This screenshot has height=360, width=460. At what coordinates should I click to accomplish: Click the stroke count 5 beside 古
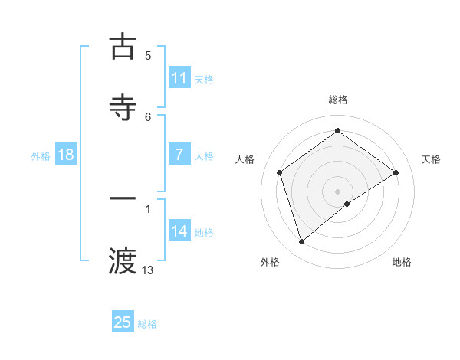(148, 55)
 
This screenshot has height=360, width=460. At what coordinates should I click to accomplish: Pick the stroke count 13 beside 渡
(148, 270)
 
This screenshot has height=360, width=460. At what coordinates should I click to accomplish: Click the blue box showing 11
(179, 78)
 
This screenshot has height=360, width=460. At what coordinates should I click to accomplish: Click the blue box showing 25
(123, 322)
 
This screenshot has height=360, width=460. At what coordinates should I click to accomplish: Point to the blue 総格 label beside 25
(148, 324)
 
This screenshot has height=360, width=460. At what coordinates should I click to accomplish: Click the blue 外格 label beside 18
(41, 156)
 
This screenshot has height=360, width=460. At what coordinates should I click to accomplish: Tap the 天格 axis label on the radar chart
(431, 159)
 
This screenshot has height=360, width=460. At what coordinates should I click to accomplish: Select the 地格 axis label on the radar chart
(402, 262)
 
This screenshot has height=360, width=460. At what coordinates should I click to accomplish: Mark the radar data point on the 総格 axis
(337, 131)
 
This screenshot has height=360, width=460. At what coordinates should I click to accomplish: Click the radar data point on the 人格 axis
(280, 172)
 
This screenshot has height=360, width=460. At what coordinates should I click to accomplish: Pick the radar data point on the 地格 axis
(347, 204)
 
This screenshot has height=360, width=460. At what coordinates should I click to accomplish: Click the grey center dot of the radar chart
(337, 191)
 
